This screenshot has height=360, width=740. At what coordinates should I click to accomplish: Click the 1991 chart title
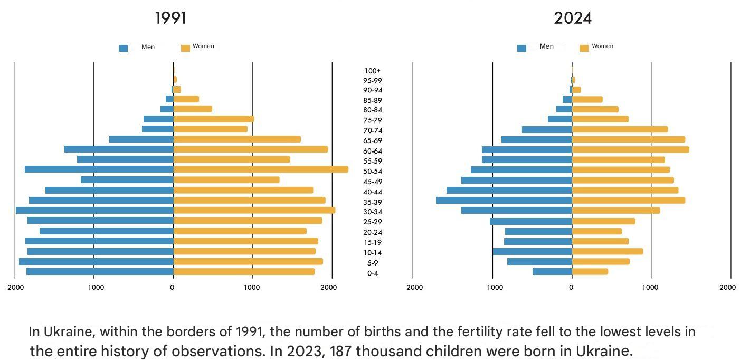[x=170, y=18]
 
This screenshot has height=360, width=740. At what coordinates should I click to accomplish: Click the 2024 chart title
[x=573, y=18]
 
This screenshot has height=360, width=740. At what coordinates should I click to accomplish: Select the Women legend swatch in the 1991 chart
[x=185, y=48]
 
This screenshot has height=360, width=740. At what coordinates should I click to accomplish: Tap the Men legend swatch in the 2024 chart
[x=521, y=48]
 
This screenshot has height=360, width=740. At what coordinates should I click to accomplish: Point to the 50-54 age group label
[x=373, y=172]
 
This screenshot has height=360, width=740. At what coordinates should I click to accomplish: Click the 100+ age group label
[x=373, y=71]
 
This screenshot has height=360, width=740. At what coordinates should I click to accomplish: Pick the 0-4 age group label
[x=373, y=273]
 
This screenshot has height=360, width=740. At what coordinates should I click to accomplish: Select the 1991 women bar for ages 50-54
[x=261, y=169]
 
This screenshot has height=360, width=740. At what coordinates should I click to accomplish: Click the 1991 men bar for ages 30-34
[x=94, y=210]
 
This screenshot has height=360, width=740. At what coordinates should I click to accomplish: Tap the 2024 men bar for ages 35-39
[x=504, y=200]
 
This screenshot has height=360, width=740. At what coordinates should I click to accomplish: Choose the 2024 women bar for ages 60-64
[x=631, y=149]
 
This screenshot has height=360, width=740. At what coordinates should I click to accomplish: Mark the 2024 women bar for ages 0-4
[x=590, y=271]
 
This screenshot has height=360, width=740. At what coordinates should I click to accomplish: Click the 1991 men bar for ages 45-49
[x=127, y=179]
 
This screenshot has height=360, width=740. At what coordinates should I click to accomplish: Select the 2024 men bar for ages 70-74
[x=547, y=129]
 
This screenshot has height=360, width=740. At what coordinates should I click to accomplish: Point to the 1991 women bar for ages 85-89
[x=186, y=99]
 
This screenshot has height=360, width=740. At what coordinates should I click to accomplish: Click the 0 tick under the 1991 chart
[x=172, y=288]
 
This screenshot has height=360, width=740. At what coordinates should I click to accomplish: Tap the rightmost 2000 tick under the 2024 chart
[x=727, y=288]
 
